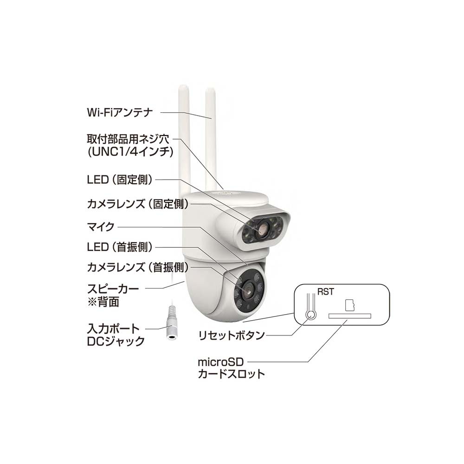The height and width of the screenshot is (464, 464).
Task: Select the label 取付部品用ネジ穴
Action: point(129,139)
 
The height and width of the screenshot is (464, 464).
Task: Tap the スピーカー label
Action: point(113,289)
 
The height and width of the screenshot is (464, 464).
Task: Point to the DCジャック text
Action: point(116,342)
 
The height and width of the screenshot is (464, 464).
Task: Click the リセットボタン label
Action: point(231,335)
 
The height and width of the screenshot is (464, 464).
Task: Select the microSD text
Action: point(220,361)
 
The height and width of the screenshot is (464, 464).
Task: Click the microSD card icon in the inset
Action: point(349,304)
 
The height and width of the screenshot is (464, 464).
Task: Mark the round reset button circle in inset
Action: point(311,315)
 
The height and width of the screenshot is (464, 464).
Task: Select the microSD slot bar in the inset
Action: point(350,316)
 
